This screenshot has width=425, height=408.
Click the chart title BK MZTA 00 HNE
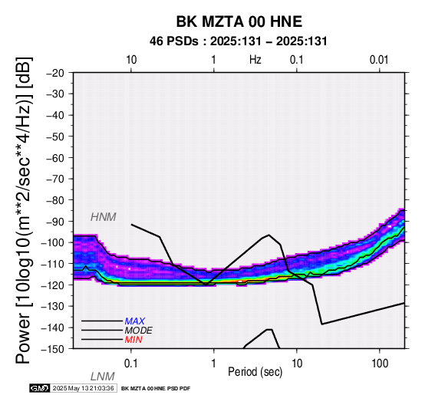pos(239,21)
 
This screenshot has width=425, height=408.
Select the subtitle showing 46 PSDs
pos(239,41)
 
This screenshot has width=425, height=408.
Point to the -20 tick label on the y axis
pos(55,73)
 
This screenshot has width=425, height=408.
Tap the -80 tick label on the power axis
pos(55,200)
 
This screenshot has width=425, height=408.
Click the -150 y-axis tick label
pos(53,349)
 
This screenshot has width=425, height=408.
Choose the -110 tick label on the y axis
pos(53,264)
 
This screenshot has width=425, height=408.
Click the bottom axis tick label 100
pos(380,364)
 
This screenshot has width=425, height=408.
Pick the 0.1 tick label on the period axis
pos(131,364)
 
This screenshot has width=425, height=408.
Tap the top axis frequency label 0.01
pos(379,60)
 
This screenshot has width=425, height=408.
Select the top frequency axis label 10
pos(131,60)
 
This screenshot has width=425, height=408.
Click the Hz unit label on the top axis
pos(255,60)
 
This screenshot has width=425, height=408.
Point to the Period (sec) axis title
pos(255,372)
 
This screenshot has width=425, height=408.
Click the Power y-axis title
pos(23,210)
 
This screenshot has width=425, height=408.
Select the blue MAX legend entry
pos(135,321)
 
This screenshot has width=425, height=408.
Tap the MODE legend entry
pos(139,331)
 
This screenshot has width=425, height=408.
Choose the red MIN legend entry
pos(133,340)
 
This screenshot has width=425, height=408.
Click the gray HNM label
pos(104,217)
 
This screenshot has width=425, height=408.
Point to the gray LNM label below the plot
pos(103,377)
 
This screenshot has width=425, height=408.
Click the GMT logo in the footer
pos(40,388)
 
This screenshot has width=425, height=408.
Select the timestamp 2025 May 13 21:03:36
pos(83,388)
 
